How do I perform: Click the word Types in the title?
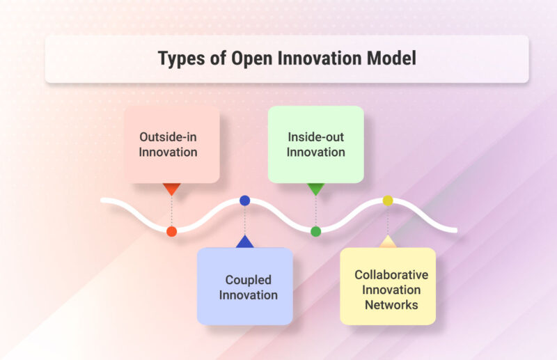tap(179, 58)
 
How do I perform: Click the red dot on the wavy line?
tap(171, 231)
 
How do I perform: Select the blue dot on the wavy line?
tap(244, 201)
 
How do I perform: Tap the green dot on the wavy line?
tap(315, 231)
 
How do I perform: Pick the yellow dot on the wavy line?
tap(388, 201)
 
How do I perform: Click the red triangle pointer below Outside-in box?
tap(171, 189)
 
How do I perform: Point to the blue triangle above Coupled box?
tap(244, 242)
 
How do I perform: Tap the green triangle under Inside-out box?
tap(315, 189)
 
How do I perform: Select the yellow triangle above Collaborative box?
tap(388, 242)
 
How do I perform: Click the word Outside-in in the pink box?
tap(168, 136)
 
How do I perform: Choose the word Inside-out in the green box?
tap(315, 136)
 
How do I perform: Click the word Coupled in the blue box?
tap(248, 280)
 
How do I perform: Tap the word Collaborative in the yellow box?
tap(391, 274)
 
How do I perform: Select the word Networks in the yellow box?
tap(390, 305)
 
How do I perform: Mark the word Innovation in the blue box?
tap(248, 295)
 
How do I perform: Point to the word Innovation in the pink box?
tap(168, 152)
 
